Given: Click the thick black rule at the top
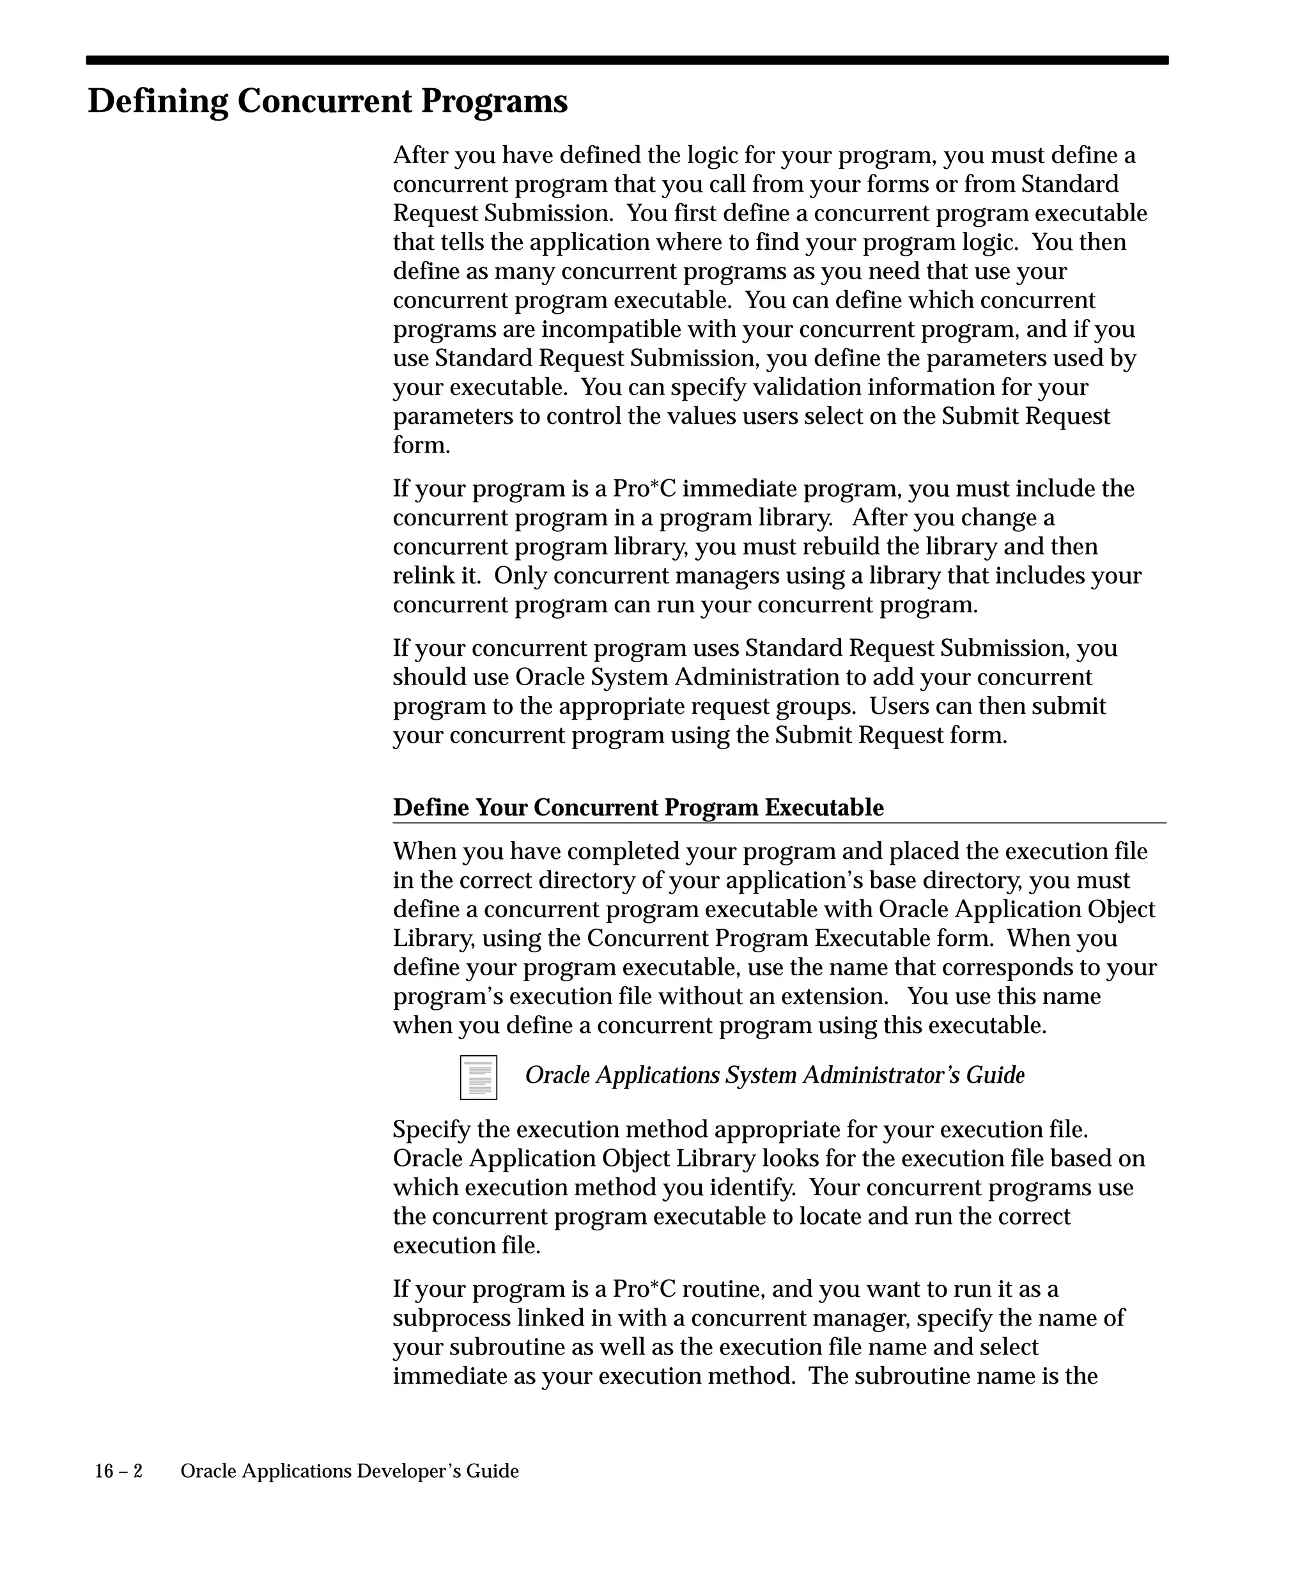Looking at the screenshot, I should pos(627,61).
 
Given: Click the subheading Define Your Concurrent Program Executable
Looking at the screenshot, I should pos(638,808).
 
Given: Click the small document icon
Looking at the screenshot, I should pos(479,1077).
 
